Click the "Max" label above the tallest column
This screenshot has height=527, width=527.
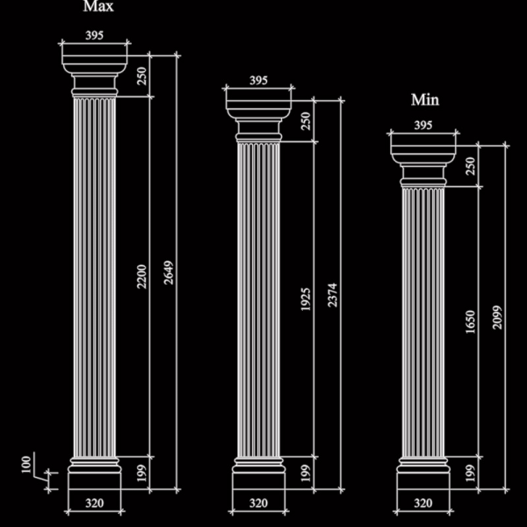98,6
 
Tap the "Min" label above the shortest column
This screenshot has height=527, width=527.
425,100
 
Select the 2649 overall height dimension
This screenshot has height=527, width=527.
169,272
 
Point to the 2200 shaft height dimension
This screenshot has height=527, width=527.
141,277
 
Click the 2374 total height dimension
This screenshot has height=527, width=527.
332,295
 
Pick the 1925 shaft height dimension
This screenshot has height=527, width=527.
306,300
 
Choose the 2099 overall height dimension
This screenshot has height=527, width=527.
497,317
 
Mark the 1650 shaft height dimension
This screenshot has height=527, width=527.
471,321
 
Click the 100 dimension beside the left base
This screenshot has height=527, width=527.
26,465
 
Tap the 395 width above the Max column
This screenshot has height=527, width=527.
95,35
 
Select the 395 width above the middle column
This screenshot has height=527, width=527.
258,80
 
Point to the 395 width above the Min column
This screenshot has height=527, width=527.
422,125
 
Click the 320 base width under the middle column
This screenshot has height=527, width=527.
258,503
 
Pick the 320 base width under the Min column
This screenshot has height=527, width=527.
422,503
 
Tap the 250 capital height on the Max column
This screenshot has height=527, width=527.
141,76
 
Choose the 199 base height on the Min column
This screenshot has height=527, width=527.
471,473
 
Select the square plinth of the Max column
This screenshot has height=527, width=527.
95,481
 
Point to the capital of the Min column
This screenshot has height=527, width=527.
423,165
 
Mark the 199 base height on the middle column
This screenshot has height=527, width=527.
306,473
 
